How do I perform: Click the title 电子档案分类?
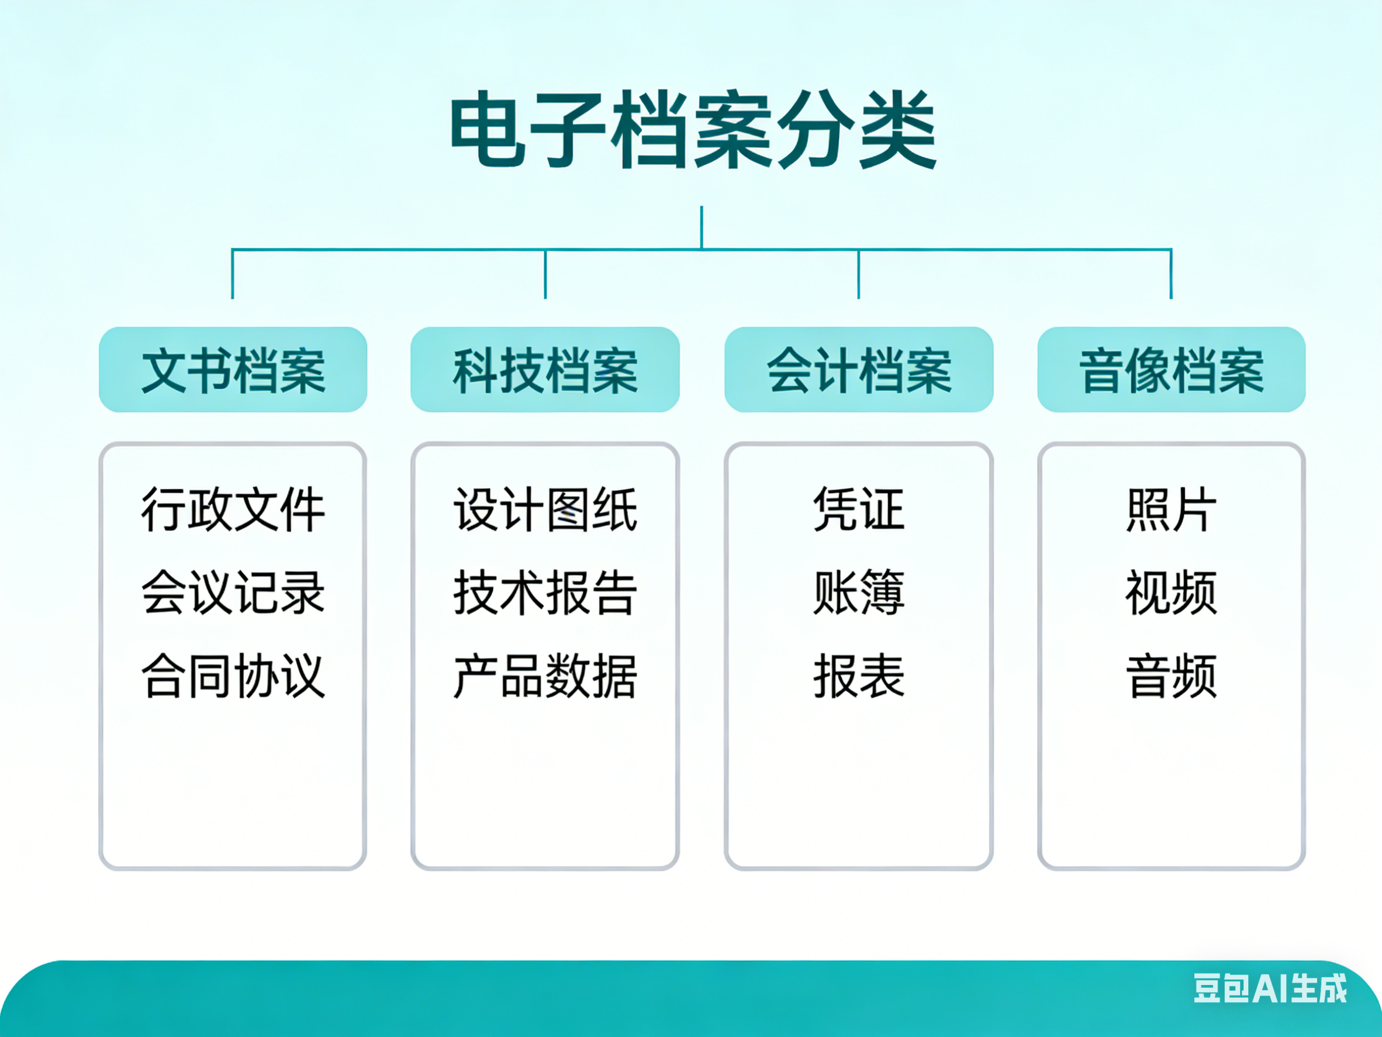[693, 130]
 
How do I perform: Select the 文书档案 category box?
[233, 370]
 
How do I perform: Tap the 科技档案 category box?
[545, 370]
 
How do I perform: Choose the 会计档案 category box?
[859, 370]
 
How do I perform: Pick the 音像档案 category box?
[1172, 370]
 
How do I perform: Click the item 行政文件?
[233, 510]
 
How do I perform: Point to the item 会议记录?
[233, 592]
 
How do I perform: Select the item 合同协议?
[233, 676]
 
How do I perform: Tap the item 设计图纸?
[545, 510]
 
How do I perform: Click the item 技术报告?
[545, 592]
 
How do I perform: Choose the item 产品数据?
[545, 676]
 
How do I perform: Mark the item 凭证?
[859, 510]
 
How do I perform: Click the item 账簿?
[859, 592]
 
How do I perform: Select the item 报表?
[859, 676]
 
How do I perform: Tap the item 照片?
[1172, 510]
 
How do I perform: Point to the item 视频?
[1172, 592]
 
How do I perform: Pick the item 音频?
[1172, 676]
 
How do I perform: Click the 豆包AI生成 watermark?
[1270, 989]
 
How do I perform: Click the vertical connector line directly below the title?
[702, 228]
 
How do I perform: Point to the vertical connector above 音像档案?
[1171, 274]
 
